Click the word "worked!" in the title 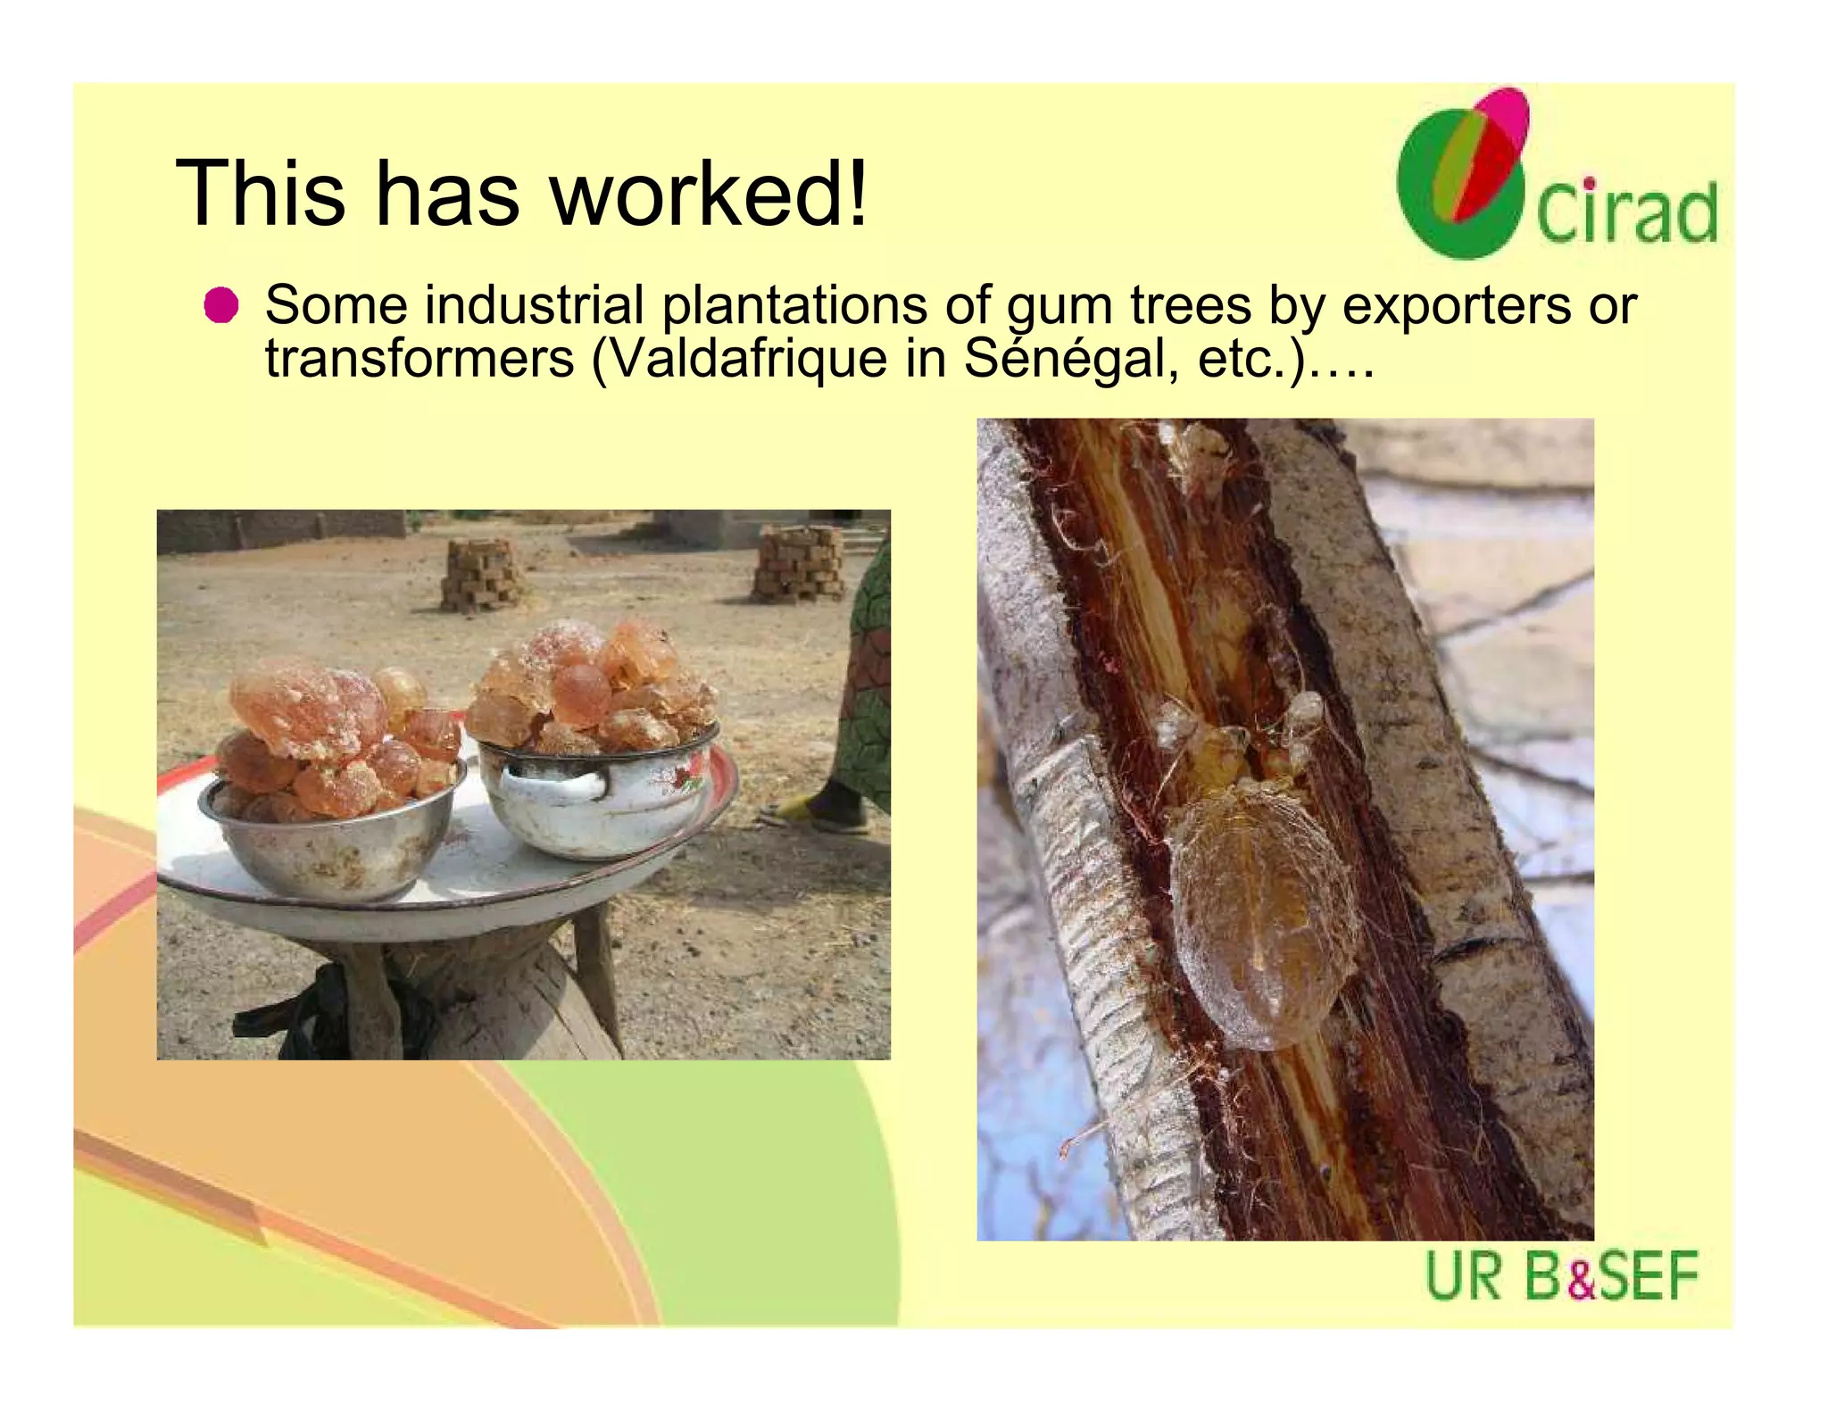tap(709, 194)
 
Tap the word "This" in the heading tap(260, 194)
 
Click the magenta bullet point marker tap(220, 305)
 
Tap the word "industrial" tap(534, 305)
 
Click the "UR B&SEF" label tap(1561, 1276)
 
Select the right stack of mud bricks tap(799, 563)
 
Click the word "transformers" tap(420, 359)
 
